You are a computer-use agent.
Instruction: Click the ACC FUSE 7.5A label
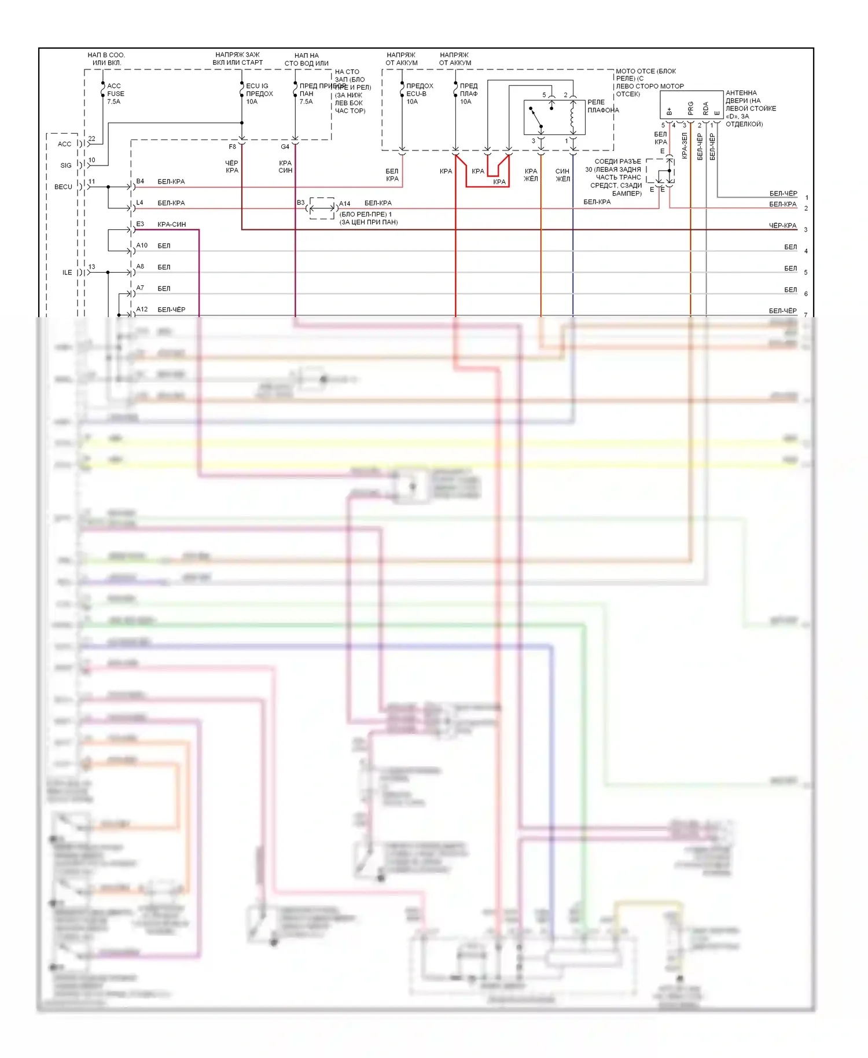(x=115, y=94)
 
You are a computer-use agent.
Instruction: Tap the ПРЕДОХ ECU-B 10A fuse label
(x=419, y=94)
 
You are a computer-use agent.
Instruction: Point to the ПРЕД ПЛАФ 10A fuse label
(x=468, y=94)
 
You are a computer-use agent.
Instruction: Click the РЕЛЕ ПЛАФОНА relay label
(x=602, y=106)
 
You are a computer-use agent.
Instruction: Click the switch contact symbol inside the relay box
(x=536, y=117)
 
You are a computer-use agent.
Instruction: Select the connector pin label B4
(x=140, y=182)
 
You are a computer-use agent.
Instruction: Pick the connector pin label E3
(x=140, y=224)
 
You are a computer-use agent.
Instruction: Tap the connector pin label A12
(x=142, y=309)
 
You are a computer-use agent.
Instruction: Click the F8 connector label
(x=232, y=147)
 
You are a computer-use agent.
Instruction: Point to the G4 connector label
(x=285, y=147)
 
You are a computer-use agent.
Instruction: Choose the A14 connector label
(x=344, y=204)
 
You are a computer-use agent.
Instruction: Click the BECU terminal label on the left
(x=63, y=187)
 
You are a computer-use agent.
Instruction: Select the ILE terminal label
(x=67, y=273)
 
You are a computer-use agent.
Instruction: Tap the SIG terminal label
(x=66, y=166)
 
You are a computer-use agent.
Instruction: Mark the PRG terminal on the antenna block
(x=690, y=108)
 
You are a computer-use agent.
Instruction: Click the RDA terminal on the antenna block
(x=705, y=108)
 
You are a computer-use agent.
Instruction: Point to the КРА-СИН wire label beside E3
(x=171, y=225)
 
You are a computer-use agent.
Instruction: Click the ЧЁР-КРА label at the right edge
(x=782, y=226)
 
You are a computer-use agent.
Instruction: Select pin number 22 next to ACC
(x=91, y=139)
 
